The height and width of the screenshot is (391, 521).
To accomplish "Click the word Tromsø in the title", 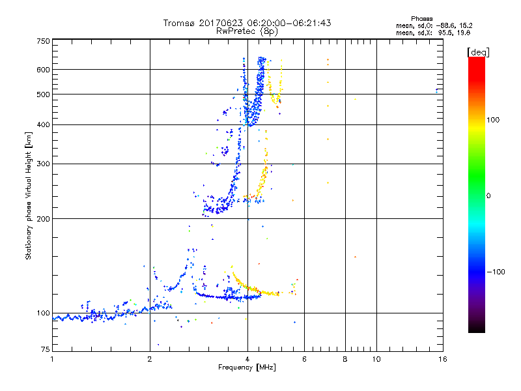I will pos(180,23).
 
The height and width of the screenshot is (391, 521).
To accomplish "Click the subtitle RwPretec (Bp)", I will pos(247,31).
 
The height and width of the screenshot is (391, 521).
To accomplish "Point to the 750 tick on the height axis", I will pos(43,40).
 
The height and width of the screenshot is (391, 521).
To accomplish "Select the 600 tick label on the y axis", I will pos(43,69).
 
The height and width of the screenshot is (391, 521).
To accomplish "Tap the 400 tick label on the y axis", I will pos(43,124).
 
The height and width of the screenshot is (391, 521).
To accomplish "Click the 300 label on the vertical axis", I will pos(43,164).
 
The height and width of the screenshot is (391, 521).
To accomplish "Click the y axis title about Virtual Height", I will pos(29,195).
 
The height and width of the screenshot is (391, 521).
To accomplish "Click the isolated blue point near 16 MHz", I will pos(436,90).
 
